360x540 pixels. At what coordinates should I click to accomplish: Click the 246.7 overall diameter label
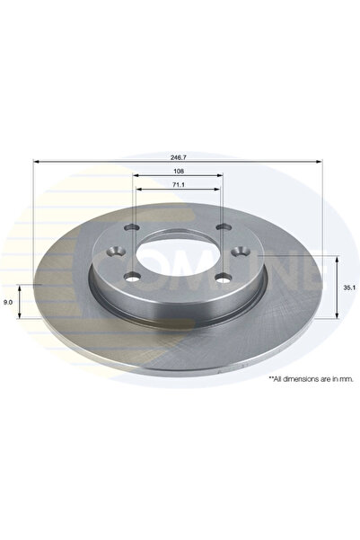tap(178, 155)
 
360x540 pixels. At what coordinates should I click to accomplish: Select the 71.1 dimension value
tap(178, 184)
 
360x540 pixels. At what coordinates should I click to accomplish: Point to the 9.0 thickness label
tap(9, 303)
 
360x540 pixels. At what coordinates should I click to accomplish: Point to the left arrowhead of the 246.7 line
tap(37, 161)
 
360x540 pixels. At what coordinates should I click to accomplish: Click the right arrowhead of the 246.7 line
tap(320, 161)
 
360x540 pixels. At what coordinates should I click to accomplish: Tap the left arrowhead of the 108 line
tap(137, 175)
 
